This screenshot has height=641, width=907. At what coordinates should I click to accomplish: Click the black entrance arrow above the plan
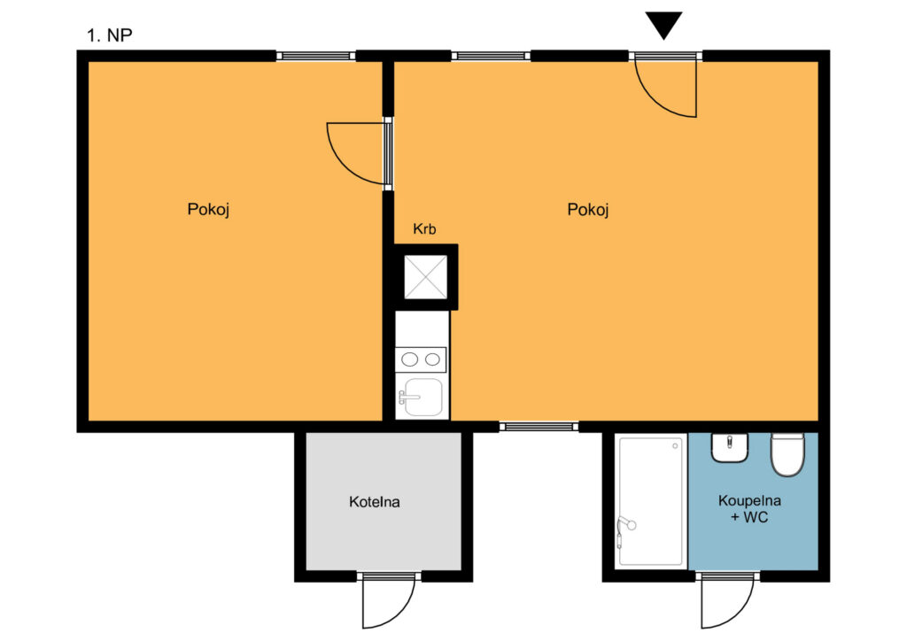(663, 25)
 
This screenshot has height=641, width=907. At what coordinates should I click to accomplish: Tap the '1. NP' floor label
(109, 35)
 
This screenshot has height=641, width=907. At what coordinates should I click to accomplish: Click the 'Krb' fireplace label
(424, 229)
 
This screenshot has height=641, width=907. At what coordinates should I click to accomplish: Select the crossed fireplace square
(425, 277)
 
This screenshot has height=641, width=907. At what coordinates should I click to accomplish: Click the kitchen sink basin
(422, 397)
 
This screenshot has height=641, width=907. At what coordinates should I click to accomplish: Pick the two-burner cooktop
(421, 359)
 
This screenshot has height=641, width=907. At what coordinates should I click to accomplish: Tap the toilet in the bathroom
(787, 454)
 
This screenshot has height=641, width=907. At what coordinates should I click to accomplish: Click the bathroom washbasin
(730, 447)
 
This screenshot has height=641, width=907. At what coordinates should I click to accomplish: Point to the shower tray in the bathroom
(651, 500)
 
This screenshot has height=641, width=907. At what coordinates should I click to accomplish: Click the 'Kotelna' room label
(375, 502)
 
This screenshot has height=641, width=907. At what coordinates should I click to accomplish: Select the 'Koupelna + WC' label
(749, 508)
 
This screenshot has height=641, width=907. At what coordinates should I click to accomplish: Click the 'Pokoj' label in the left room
(208, 209)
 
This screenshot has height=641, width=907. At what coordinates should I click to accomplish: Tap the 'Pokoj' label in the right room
(588, 209)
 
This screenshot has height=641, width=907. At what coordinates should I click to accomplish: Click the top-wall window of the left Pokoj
(315, 56)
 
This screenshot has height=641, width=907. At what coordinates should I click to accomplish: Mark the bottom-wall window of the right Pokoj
(539, 427)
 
